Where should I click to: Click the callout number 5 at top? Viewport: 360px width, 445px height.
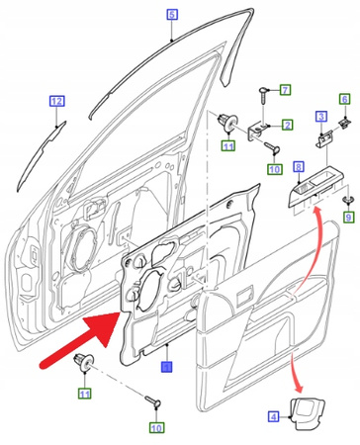170,14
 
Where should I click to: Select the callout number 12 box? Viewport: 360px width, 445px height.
56,101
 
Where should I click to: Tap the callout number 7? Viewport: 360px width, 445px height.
285,91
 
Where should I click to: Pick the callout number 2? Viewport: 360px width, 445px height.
287,126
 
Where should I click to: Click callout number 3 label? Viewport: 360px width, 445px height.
321,117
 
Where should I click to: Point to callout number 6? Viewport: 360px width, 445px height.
344,99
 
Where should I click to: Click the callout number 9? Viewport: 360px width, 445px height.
348,228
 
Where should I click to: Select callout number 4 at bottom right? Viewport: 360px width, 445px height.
274,417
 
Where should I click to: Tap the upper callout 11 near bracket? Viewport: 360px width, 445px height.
226,146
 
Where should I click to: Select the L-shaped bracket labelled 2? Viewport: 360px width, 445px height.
260,128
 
